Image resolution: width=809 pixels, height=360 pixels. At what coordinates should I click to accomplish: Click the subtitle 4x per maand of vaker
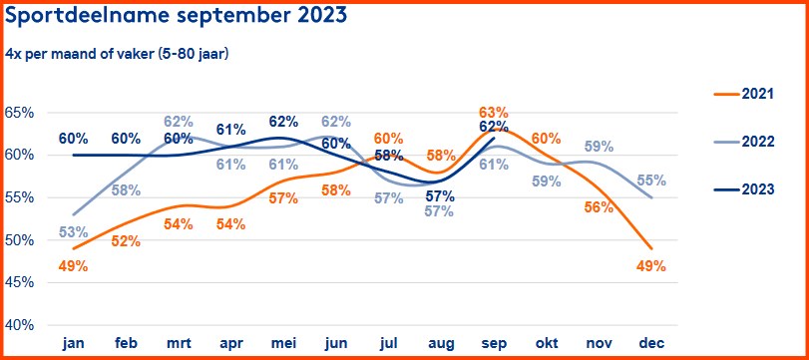point(118,53)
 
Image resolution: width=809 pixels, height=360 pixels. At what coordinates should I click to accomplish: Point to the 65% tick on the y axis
point(19,113)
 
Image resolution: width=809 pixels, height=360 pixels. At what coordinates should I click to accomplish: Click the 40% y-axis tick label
point(19,325)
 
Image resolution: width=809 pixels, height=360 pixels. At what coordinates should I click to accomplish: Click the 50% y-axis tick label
point(19,240)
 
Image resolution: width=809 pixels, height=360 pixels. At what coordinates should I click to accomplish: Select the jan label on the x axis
point(73,343)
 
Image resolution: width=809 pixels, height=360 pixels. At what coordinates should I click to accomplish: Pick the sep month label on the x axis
point(492,343)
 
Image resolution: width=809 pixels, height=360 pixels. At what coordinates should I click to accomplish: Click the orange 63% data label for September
point(494,113)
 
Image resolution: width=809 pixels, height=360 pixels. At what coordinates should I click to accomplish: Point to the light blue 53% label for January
point(73,232)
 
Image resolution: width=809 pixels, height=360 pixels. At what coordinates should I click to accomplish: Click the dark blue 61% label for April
point(230,130)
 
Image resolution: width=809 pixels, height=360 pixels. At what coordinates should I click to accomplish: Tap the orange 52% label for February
point(126,240)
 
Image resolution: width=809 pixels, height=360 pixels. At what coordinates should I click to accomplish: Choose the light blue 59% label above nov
point(598,147)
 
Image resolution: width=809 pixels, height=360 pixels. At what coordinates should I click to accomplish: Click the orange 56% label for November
point(598,206)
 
